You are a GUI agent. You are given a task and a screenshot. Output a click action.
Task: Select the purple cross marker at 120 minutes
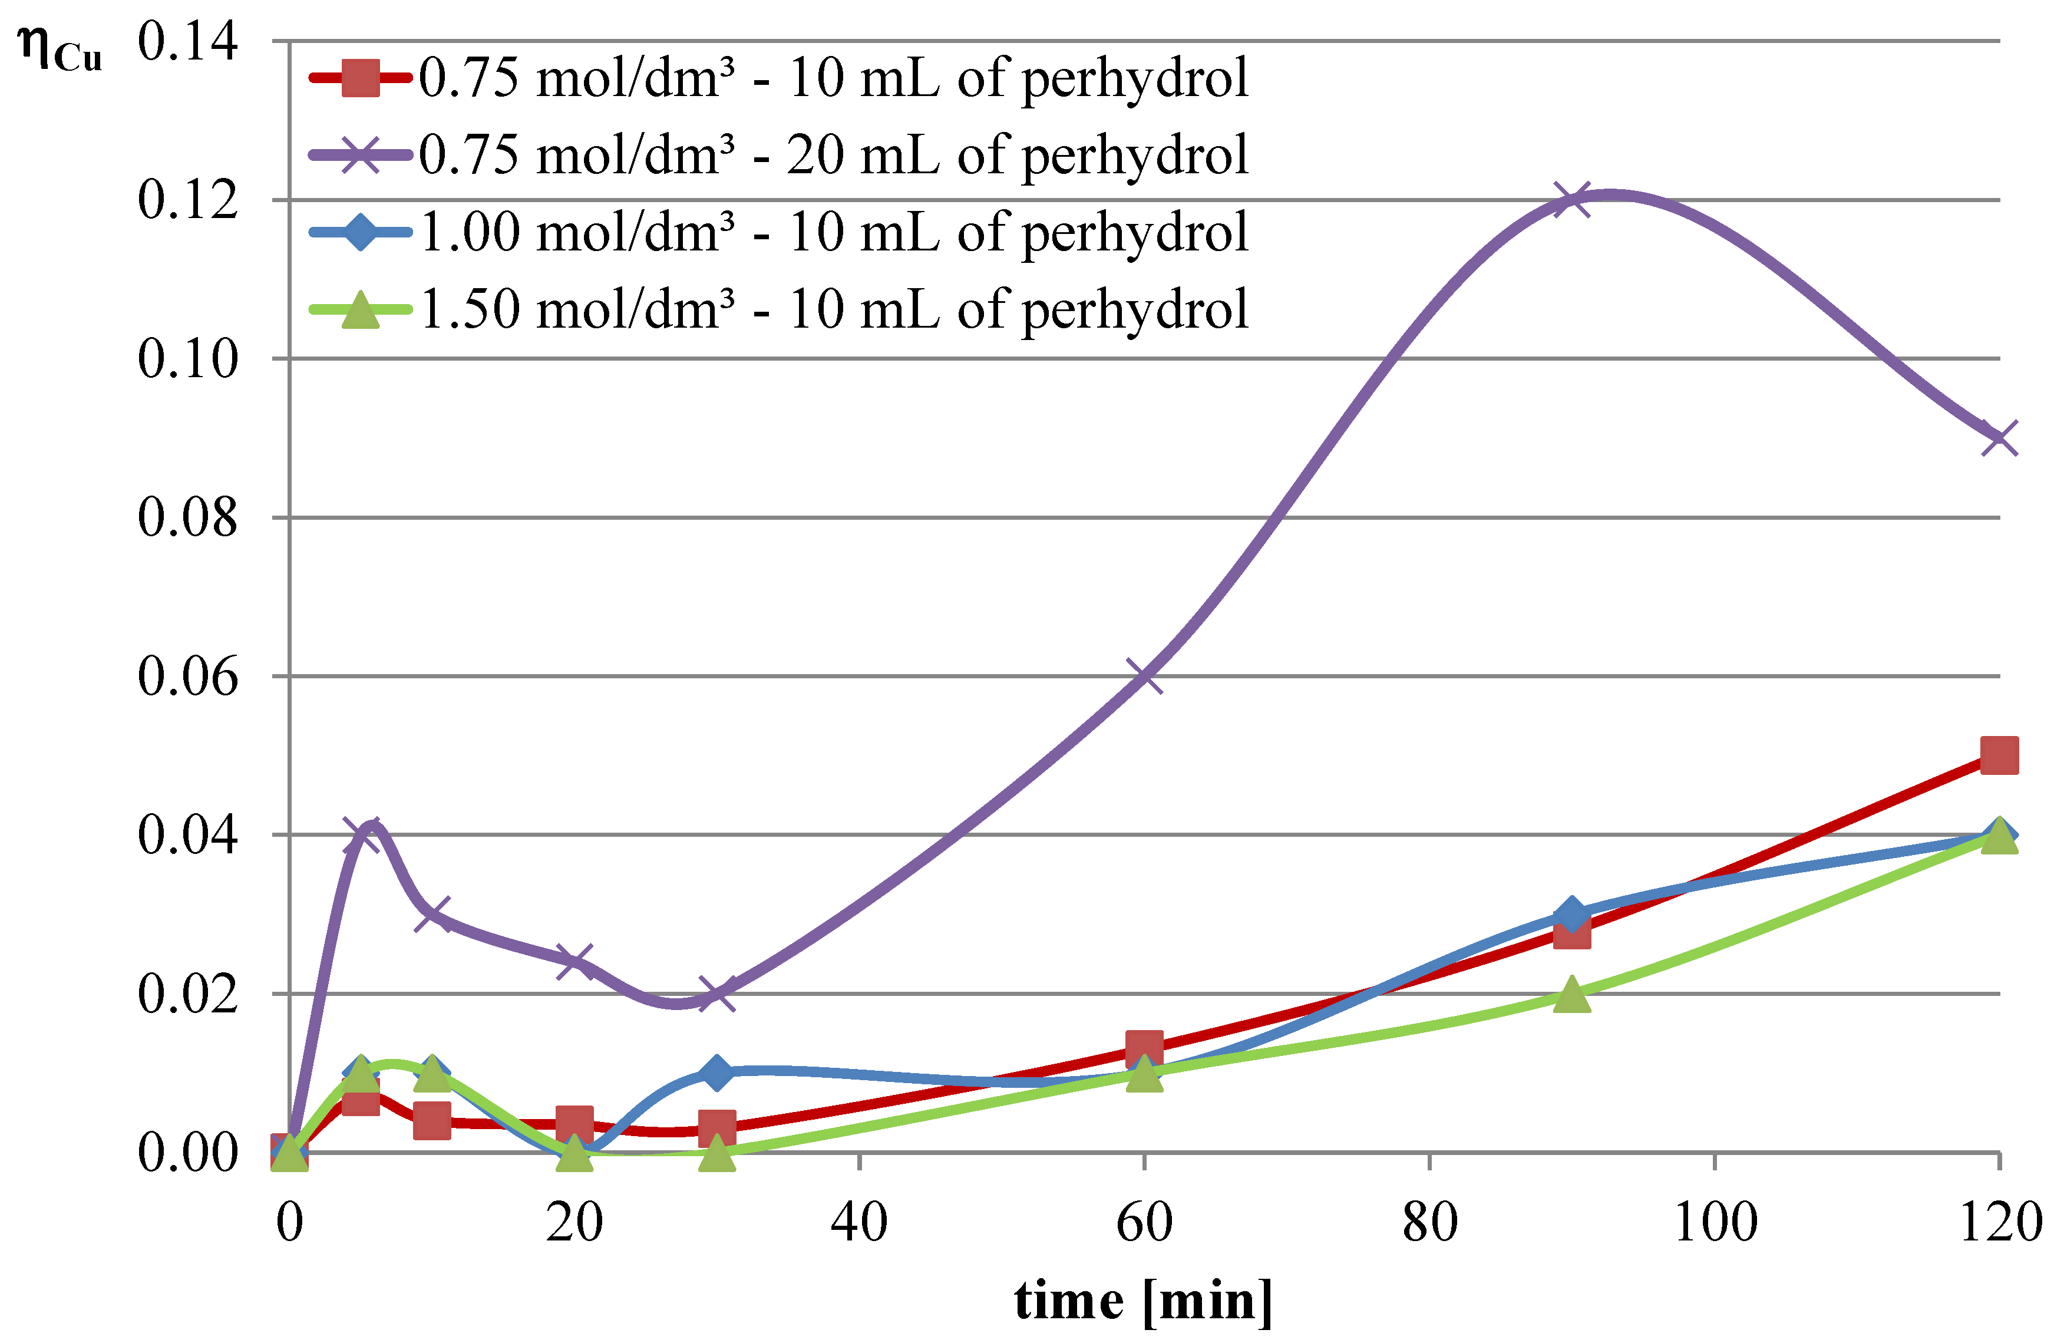coord(1999,438)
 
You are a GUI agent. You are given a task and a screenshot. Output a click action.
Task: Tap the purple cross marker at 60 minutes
coord(1144,676)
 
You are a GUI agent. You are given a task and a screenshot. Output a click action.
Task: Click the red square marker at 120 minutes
coord(1999,756)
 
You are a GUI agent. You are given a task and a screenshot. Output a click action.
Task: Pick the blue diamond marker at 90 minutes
coord(1571,914)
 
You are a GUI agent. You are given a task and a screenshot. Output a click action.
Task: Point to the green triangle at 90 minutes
coord(1571,994)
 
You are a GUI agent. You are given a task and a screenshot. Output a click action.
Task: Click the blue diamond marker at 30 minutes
coord(716,1073)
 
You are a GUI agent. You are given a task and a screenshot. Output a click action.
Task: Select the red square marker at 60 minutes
coord(1144,1048)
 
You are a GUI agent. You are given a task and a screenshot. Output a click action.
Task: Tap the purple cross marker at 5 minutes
coord(361,834)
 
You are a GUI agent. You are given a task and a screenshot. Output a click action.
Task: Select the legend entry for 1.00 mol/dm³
coord(833,232)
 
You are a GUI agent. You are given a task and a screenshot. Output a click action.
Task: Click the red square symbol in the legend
coord(361,78)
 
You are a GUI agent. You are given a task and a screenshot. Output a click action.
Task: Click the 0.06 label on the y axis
coord(187,676)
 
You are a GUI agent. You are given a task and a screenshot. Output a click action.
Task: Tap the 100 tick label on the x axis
coord(1714,1223)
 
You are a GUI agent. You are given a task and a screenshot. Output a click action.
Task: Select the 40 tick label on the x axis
coord(860,1223)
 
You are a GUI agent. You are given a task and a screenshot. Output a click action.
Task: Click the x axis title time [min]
coord(1144,1301)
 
